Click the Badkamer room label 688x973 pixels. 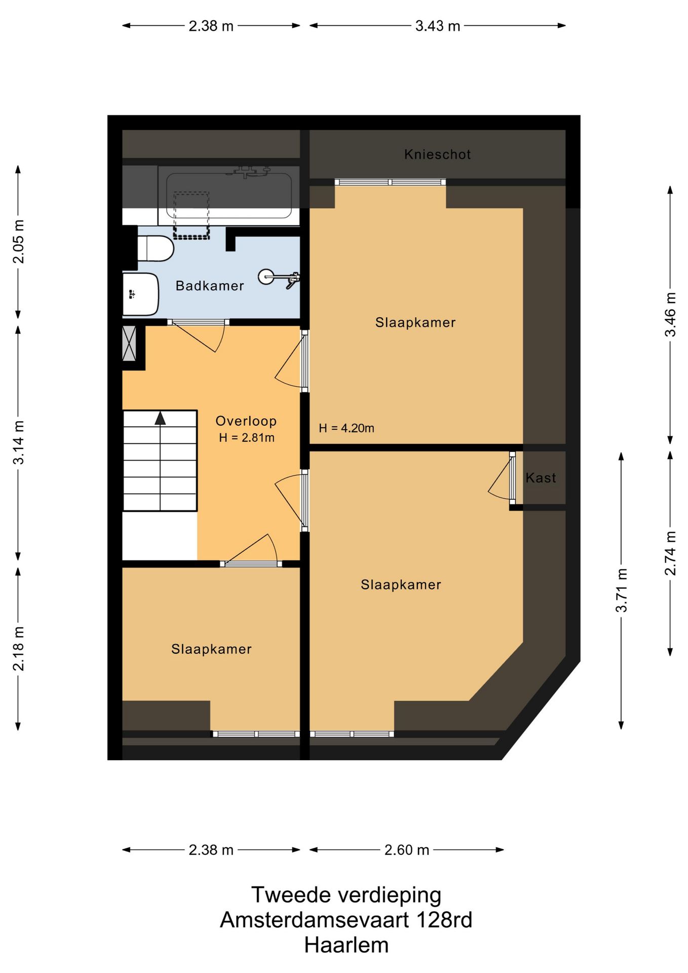tap(210, 286)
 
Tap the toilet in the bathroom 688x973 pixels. tap(156, 248)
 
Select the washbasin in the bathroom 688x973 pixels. tap(141, 294)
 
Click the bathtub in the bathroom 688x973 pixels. tap(228, 196)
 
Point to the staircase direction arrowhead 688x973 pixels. tap(160, 418)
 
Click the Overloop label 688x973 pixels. tap(246, 421)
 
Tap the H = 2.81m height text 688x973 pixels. tap(247, 438)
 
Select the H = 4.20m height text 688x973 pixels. tap(347, 428)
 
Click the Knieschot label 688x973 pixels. tap(438, 154)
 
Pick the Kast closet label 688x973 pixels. tap(541, 478)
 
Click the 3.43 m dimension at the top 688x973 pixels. tap(438, 26)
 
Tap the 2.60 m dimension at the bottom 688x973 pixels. tap(407, 850)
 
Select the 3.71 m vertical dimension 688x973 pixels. tap(622, 590)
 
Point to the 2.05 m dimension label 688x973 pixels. tap(18, 241)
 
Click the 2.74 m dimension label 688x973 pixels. tap(670, 553)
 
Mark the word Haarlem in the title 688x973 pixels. tap(347, 945)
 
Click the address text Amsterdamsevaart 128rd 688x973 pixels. tap(347, 920)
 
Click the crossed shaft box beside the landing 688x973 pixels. tap(129, 344)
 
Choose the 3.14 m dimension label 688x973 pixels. tap(18, 442)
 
